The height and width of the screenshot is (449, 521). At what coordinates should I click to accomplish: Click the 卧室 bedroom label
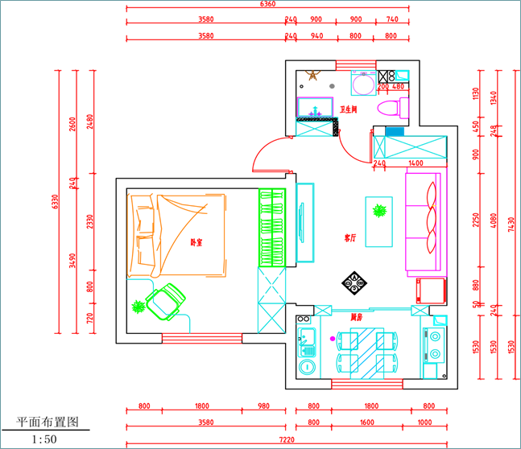click(196, 242)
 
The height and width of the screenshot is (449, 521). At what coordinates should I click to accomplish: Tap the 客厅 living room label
click(350, 238)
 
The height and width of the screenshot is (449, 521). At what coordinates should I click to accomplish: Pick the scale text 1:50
click(44, 439)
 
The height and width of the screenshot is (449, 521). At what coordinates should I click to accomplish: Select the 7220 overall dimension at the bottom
click(287, 441)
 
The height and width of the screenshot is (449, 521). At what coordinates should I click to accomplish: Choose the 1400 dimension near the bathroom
click(415, 163)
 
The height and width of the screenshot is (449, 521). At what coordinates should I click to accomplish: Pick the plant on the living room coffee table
click(378, 212)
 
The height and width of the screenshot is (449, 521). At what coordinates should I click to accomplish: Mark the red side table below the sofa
click(431, 290)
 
